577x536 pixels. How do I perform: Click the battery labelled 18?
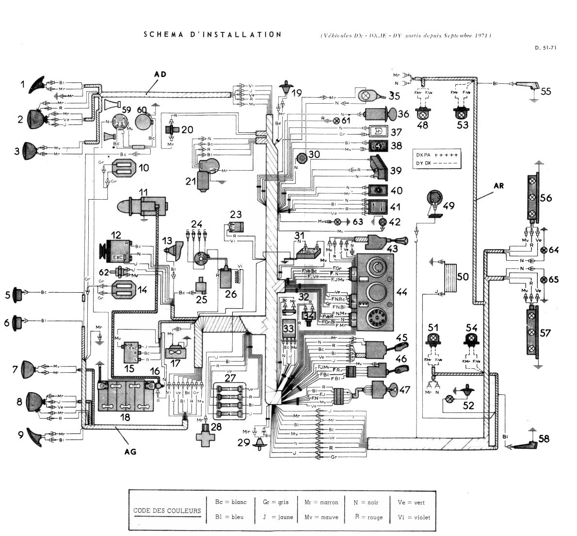coord(127,396)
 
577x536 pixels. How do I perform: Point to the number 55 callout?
coord(546,91)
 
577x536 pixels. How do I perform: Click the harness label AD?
coord(160,74)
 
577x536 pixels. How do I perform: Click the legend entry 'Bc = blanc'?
coord(230,502)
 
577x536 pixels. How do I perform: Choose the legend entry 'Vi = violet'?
coord(414,517)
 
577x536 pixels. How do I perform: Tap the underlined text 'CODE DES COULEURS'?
coord(167,511)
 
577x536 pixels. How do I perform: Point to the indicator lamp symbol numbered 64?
coord(544,250)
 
